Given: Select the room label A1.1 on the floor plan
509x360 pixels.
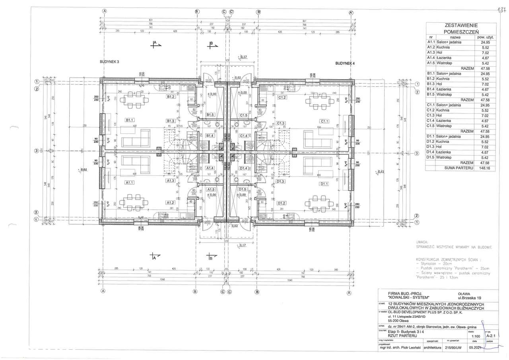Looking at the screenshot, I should coord(129,183).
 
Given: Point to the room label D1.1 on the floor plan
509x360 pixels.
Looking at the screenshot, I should coord(324,184).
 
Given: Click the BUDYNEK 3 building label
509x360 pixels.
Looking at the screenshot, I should coord(109,62).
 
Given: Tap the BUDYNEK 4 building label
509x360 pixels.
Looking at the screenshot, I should coord(345,63).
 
